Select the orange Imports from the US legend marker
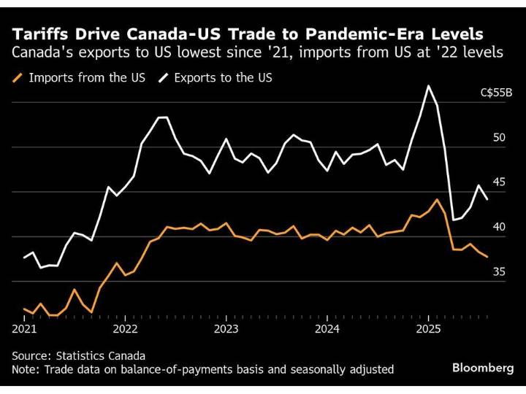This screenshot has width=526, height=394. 18,77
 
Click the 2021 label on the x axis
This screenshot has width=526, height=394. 25,329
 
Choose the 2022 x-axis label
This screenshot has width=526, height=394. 126,329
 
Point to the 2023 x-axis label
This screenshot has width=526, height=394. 226,329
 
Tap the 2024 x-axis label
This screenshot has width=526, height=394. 327,329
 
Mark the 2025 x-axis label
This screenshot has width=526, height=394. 427,329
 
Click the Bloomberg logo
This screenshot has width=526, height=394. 482,368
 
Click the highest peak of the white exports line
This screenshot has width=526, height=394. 428,86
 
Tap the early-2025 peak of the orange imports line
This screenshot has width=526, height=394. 437,199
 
